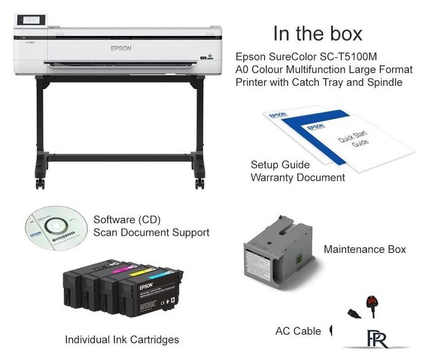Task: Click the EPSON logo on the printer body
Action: pyautogui.click(x=120, y=48)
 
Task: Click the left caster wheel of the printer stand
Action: pyautogui.click(x=40, y=183)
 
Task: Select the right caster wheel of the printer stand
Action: pyautogui.click(x=199, y=183)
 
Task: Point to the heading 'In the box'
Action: pyautogui.click(x=318, y=33)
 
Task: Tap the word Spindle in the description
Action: pyautogui.click(x=385, y=82)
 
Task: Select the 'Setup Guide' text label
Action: pyautogui.click(x=280, y=165)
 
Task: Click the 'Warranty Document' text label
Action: pyautogui.click(x=298, y=177)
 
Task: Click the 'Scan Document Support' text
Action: pyautogui.click(x=151, y=232)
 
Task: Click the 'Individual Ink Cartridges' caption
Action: pyautogui.click(x=122, y=339)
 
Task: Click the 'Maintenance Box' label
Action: pyautogui.click(x=364, y=249)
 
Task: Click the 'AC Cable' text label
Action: pyautogui.click(x=298, y=331)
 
